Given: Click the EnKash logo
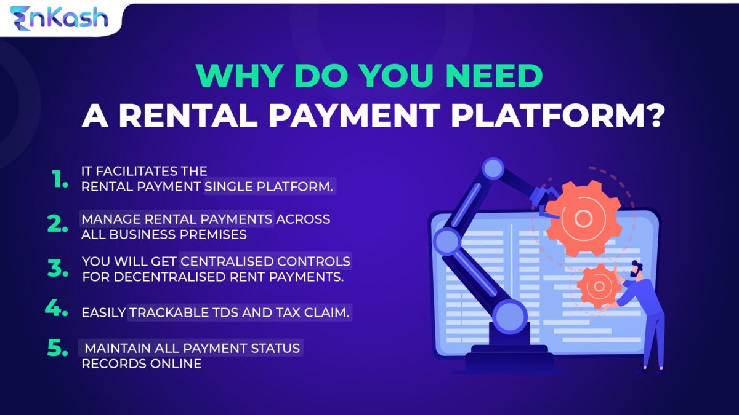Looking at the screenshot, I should (x=59, y=17).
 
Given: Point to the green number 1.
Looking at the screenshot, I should (x=60, y=180).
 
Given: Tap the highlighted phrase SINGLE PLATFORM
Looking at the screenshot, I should (x=269, y=186).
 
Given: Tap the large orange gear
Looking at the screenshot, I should (x=583, y=219).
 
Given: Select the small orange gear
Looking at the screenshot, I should (x=599, y=285).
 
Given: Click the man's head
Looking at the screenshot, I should (x=637, y=269).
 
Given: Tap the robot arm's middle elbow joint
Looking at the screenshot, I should (x=447, y=240).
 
